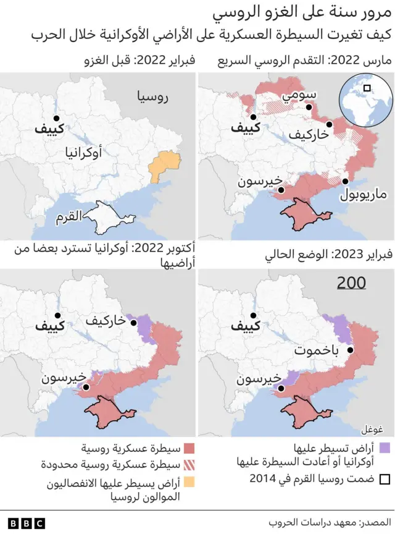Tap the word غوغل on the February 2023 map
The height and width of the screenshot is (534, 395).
pos(371,429)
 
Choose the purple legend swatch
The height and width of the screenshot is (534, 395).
pos(385,448)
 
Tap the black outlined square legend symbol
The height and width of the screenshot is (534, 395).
pos(385,479)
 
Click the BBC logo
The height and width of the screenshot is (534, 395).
pos(23,523)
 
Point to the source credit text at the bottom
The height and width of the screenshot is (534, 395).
pos(330,523)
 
